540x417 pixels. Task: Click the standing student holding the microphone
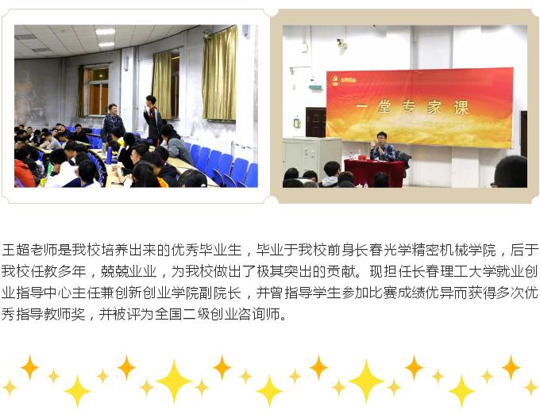point(152,119)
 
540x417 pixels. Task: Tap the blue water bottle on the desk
point(109,155)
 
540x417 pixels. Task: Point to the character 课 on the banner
point(461,107)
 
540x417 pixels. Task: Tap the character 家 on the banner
point(435,107)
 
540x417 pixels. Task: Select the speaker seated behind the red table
point(382,147)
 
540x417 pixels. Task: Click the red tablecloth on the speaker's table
point(374,172)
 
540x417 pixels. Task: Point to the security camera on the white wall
point(341,43)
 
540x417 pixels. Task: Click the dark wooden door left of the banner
point(315,122)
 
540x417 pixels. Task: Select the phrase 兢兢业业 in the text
point(128,272)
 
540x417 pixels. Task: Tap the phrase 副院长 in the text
point(220,293)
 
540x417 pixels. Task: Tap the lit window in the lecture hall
point(98,90)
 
